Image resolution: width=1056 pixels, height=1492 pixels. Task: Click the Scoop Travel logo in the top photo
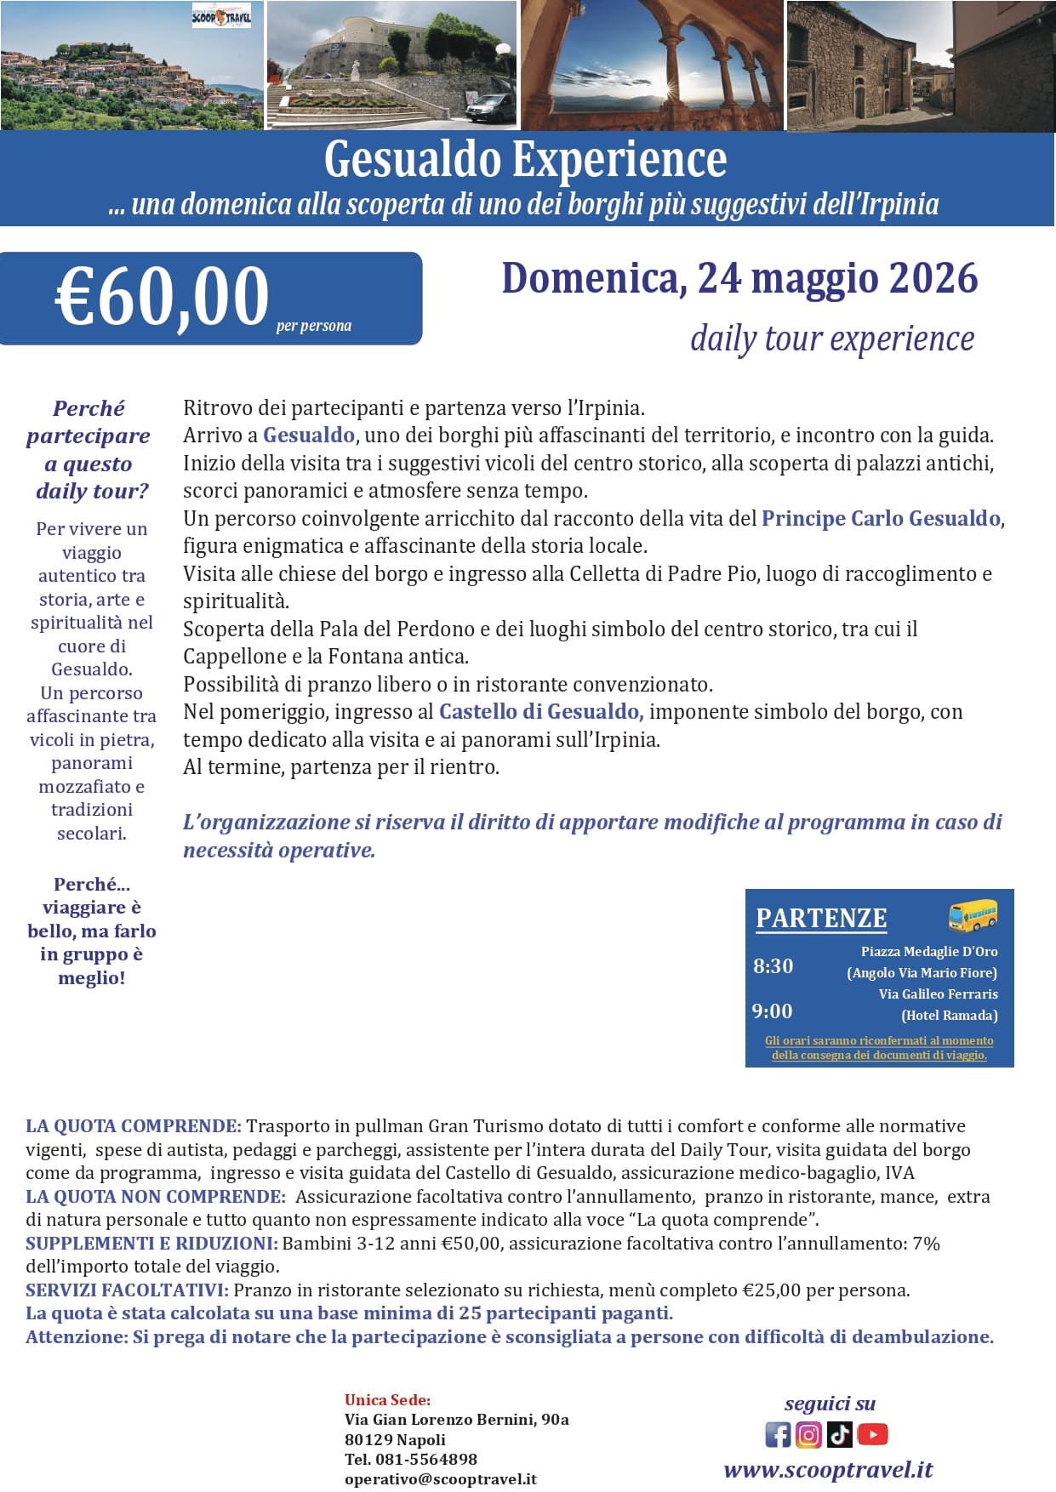[221, 16]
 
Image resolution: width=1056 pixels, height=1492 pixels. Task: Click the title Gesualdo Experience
[525, 160]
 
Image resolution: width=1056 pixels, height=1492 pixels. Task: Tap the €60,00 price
[162, 297]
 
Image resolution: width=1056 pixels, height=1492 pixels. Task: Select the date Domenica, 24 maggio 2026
[739, 278]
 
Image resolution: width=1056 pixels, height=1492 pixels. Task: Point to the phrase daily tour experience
[831, 339]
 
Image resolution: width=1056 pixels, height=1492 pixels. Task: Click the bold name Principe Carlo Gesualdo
[881, 518]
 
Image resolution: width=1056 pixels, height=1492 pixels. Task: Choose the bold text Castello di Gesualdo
[540, 711]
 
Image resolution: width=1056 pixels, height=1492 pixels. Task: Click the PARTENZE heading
[821, 919]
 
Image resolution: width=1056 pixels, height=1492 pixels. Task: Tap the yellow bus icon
[973, 916]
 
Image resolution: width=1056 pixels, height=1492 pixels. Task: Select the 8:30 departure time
[773, 966]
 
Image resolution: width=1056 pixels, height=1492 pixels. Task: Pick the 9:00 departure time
[772, 1011]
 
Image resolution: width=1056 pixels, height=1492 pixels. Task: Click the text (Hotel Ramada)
[949, 1015]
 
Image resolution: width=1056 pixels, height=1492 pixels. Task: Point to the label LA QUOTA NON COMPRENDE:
[155, 1197]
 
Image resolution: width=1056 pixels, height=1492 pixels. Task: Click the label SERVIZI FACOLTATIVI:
[126, 1290]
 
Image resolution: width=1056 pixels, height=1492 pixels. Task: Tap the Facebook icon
[778, 1435]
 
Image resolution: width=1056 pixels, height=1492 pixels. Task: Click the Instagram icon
[808, 1435]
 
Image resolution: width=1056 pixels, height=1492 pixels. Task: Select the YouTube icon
[872, 1435]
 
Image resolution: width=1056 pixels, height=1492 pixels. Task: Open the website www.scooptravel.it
[828, 1470]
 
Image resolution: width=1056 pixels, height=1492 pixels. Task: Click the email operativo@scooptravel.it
[440, 1479]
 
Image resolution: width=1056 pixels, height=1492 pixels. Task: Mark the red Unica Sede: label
[387, 1400]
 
